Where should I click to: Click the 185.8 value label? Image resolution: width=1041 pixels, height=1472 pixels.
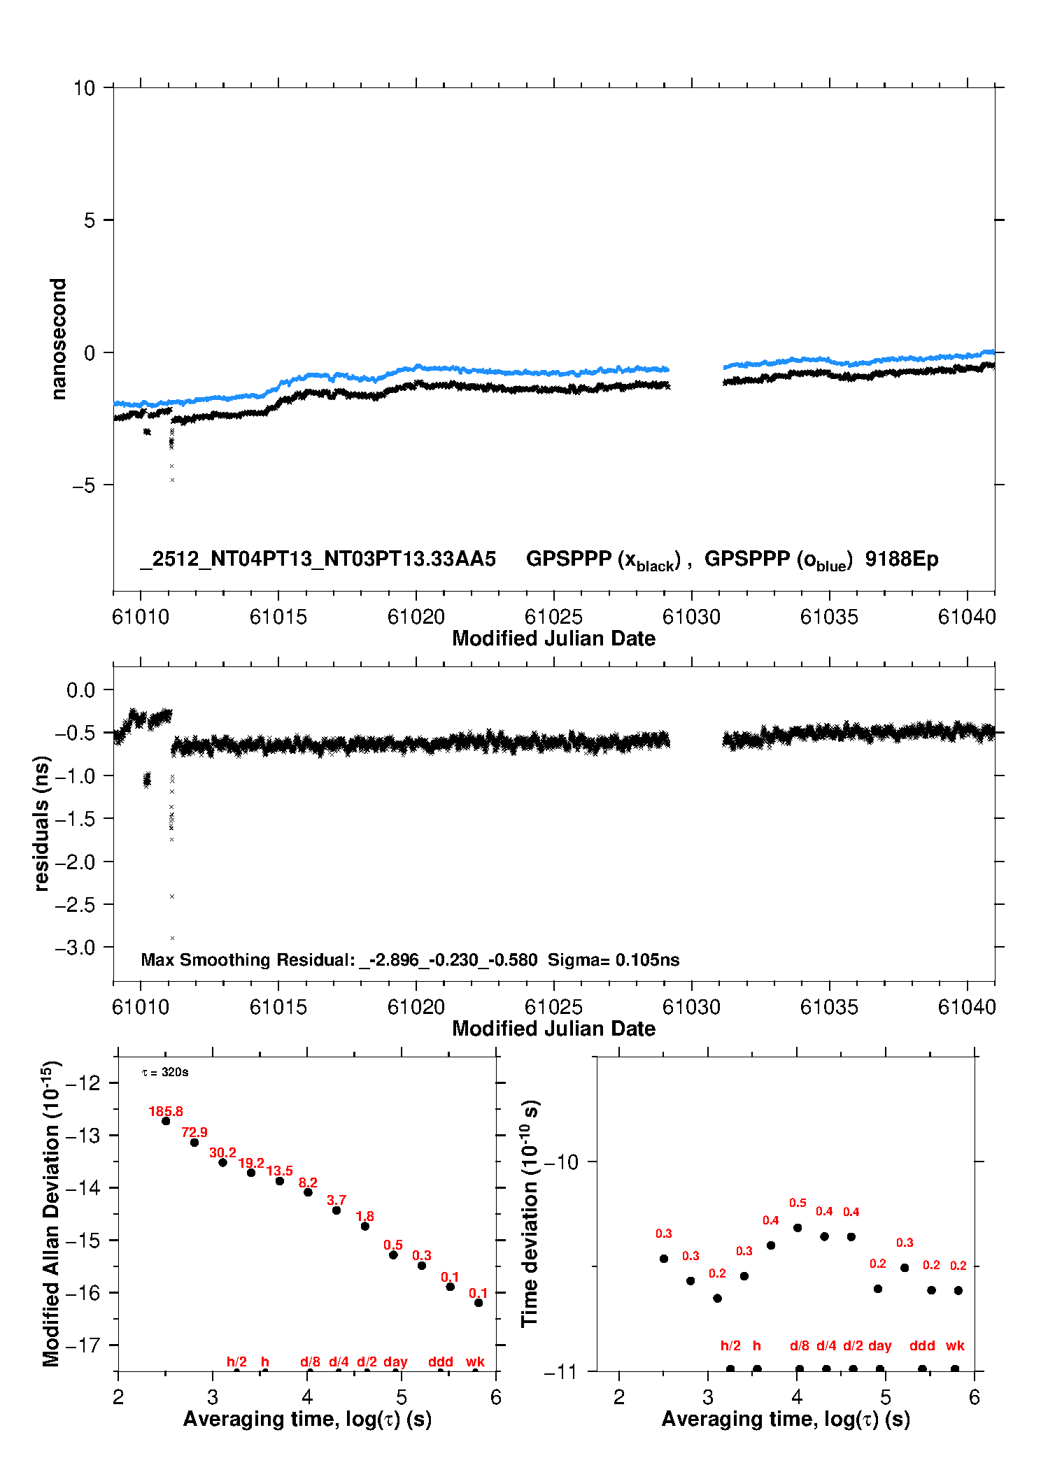click(x=166, y=1111)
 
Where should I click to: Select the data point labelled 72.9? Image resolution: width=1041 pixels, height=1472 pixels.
click(x=194, y=1143)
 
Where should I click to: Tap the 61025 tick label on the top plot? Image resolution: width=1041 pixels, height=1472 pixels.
click(x=553, y=617)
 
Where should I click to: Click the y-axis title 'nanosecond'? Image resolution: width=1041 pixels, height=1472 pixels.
click(x=59, y=339)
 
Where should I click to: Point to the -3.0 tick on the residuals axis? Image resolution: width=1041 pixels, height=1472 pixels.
click(x=80, y=948)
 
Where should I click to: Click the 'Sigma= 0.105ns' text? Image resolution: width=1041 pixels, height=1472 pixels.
click(x=614, y=960)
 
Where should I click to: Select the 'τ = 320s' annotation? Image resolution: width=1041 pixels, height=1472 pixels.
click(x=165, y=1073)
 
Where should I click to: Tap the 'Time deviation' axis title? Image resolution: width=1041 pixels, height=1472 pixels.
click(x=530, y=1214)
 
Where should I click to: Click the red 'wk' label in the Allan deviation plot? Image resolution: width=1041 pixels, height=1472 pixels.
click(x=475, y=1362)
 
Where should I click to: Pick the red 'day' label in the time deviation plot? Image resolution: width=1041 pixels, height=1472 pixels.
click(x=880, y=1345)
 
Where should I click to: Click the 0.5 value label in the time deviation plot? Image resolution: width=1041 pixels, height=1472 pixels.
click(x=798, y=1203)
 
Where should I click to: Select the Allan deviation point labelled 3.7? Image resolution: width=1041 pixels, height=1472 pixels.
click(x=337, y=1210)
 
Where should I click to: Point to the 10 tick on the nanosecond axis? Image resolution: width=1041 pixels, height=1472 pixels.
click(x=84, y=88)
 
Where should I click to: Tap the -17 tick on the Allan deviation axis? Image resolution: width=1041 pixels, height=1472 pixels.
click(x=82, y=1345)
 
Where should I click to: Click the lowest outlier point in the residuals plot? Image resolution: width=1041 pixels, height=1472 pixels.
click(x=172, y=938)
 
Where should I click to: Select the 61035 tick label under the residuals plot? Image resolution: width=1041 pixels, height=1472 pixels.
click(x=829, y=1007)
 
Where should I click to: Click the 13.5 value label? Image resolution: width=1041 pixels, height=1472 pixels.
click(x=280, y=1171)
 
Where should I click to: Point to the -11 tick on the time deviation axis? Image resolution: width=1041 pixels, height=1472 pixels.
click(x=560, y=1371)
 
